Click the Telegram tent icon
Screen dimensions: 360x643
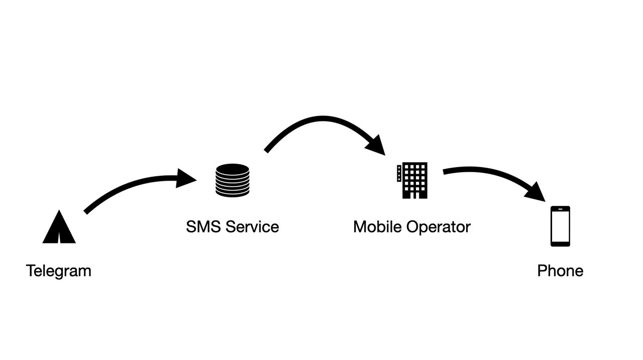[59, 228]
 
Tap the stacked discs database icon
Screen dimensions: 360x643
[232, 180]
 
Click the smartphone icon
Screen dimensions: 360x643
[560, 226]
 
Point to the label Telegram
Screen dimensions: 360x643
[58, 271]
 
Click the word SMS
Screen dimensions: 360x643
[203, 227]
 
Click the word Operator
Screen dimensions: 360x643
[439, 227]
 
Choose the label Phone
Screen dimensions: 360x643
[560, 271]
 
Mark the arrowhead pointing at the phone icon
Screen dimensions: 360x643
[537, 192]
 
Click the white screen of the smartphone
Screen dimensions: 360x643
[560, 226]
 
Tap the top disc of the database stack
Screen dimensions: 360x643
[232, 169]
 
